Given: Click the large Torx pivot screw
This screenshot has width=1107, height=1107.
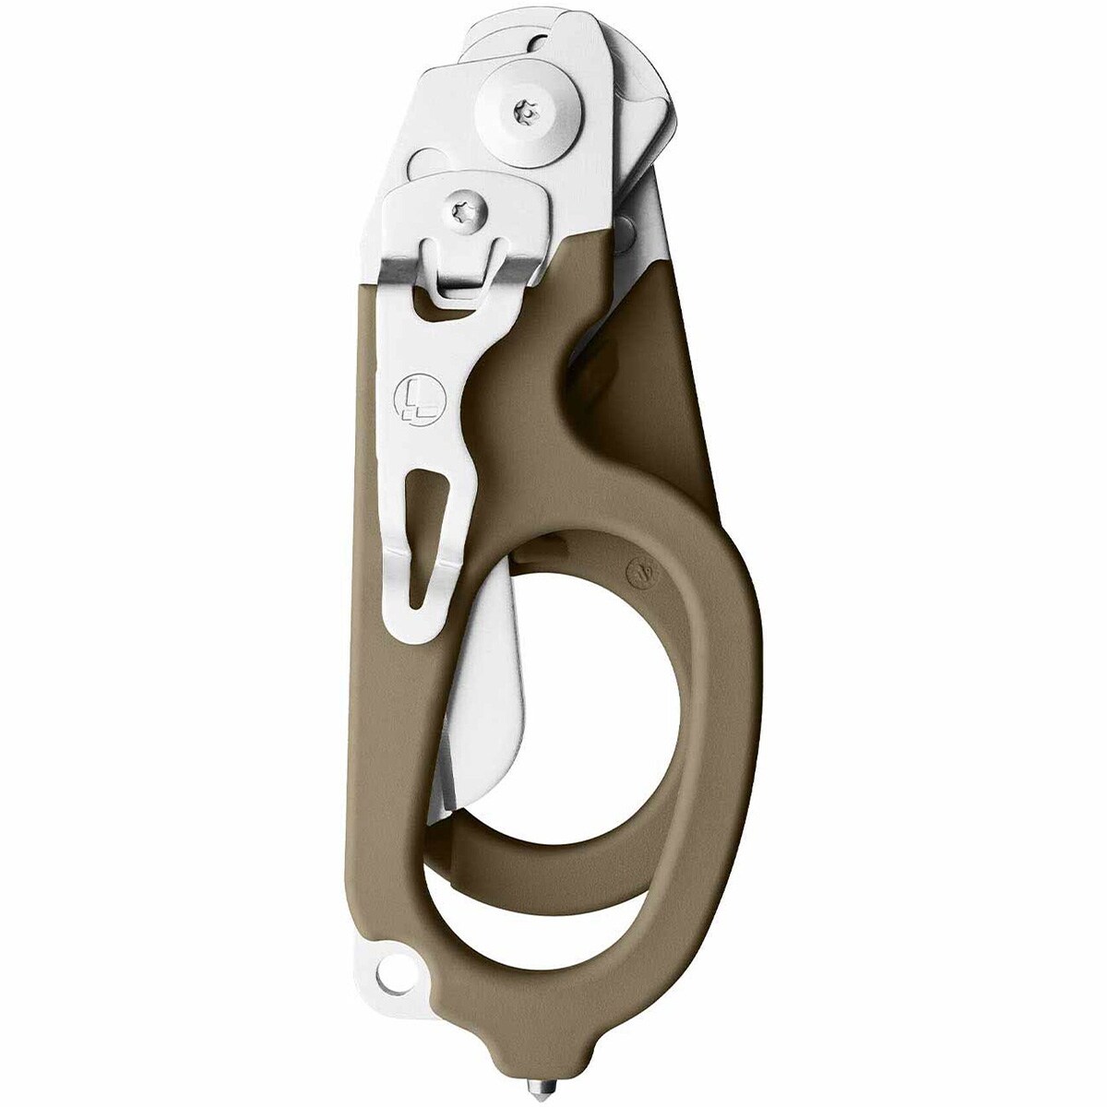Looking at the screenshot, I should [524, 111].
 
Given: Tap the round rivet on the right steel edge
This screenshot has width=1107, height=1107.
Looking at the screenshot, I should [626, 225].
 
